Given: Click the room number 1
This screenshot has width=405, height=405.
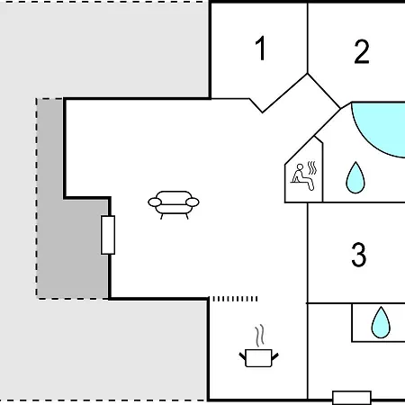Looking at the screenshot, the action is [261, 48].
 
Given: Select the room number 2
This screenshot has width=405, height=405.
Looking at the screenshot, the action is [362, 51].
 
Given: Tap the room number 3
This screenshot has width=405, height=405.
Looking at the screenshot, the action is [359, 255].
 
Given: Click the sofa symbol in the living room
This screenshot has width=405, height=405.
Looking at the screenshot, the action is [174, 204].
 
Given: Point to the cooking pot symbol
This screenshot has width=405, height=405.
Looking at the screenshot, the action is [258, 357].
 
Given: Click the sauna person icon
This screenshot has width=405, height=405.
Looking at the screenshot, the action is [302, 177].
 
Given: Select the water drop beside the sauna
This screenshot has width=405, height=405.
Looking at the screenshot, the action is [355, 177].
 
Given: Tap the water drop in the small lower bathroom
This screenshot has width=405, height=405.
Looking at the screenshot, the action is [381, 322].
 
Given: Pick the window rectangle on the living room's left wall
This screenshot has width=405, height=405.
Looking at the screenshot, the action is [108, 235].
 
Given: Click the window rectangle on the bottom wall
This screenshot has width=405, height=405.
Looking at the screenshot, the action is [352, 398].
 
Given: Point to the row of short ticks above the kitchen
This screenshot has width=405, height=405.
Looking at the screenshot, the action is [235, 299].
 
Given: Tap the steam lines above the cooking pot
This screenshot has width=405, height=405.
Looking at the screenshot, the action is [260, 335].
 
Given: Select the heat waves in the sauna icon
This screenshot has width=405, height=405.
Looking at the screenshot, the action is [312, 168].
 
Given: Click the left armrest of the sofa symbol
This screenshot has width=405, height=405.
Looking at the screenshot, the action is [155, 202].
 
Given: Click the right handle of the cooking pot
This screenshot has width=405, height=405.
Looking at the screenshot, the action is [275, 356].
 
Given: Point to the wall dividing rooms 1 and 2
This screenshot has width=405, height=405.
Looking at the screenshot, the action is [308, 38].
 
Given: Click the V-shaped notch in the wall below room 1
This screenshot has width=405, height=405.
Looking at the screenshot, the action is [263, 112].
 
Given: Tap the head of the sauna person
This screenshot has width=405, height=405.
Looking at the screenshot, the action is [300, 166].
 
